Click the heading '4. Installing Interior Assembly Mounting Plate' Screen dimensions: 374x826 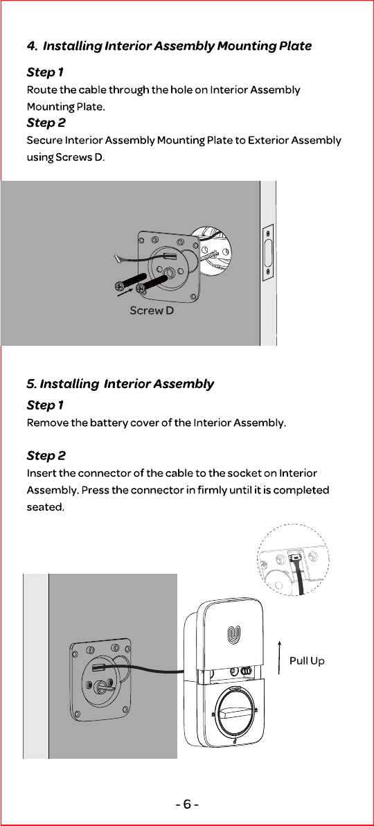click(169, 46)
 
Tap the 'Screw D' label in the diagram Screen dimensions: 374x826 click(152, 311)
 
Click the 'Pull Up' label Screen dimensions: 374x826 click(307, 660)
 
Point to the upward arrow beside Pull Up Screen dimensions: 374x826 click(280, 657)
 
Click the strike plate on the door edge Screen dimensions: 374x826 click(268, 252)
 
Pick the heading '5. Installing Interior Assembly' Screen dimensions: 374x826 click(120, 384)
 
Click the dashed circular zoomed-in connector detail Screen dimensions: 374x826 click(294, 560)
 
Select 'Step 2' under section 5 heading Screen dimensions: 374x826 click(46, 456)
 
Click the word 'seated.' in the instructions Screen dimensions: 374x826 click(45, 508)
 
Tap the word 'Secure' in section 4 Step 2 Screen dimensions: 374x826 click(44, 141)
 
